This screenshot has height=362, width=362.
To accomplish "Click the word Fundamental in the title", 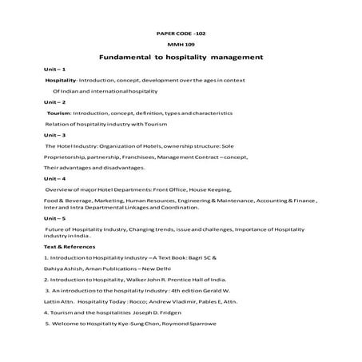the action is click(x=126, y=58).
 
